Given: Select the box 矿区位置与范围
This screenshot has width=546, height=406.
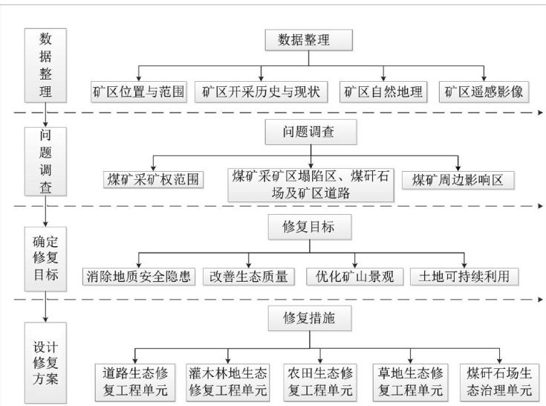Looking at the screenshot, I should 139,91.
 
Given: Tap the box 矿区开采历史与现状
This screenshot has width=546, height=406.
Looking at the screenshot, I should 261,91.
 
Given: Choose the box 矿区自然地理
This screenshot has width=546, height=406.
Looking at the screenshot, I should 383,91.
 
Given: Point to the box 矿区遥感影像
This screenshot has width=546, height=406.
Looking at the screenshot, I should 484,91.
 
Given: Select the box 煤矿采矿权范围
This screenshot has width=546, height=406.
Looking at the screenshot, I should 153,179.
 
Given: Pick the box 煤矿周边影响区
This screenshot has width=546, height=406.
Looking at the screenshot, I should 458,179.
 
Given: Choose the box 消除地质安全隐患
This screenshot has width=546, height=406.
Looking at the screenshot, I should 139,276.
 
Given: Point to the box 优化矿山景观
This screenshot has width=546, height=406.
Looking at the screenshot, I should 354,276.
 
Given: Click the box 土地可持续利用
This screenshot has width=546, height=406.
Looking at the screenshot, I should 464,276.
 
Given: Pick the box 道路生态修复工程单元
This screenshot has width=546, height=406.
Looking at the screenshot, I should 134,380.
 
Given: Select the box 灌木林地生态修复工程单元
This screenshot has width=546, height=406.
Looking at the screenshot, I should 227,380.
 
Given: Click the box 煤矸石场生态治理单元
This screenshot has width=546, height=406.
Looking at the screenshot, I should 498,380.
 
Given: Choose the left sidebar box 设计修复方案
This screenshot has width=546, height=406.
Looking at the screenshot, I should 46,362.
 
